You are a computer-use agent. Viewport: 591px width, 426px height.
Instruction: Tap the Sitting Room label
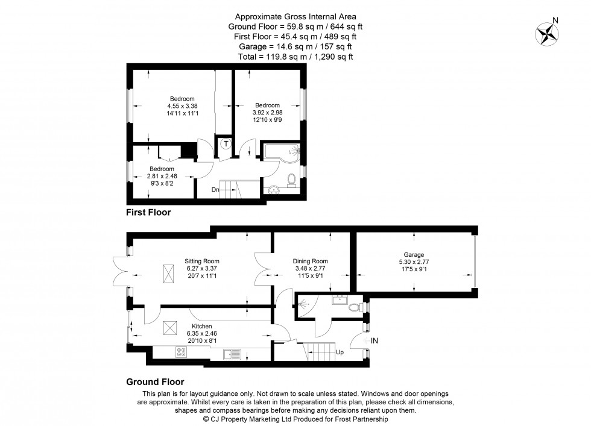click(198, 261)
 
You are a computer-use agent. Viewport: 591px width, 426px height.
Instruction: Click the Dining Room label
click(311, 261)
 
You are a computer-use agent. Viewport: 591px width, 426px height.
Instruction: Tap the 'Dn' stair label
click(215, 190)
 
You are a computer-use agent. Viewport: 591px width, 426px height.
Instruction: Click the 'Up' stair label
click(340, 352)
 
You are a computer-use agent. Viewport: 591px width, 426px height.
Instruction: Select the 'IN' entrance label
click(374, 341)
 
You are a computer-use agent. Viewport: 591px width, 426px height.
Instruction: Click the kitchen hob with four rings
click(181, 354)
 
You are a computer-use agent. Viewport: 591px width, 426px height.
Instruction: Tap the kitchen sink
click(232, 354)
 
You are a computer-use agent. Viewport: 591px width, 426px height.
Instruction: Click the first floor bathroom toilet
click(292, 179)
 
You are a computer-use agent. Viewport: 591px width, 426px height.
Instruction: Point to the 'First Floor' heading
click(148, 212)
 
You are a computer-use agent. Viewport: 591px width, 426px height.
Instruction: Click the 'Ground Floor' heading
click(155, 381)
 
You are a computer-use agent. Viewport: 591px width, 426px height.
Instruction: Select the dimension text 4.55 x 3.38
click(182, 106)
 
